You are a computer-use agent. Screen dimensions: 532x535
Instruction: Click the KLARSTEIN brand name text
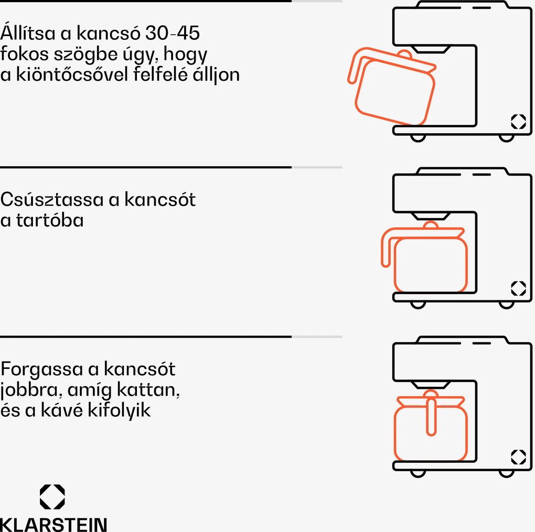click(x=53, y=524)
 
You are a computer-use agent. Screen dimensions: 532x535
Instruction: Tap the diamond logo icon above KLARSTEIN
click(x=52, y=496)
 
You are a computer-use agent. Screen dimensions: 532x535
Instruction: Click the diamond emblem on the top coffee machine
click(x=518, y=122)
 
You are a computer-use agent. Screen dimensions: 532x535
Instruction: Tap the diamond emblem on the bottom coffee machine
click(x=518, y=457)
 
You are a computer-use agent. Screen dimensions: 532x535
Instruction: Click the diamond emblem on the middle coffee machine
click(x=518, y=288)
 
